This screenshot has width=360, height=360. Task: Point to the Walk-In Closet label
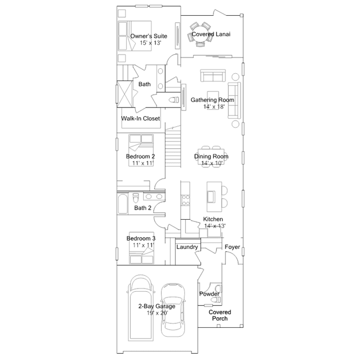(x=141, y=119)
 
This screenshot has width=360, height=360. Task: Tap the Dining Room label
(x=211, y=156)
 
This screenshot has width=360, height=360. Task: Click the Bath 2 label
(x=143, y=208)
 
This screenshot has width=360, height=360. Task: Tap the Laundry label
(x=187, y=247)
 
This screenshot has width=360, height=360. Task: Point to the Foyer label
(x=232, y=247)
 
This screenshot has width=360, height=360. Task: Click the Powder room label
(x=209, y=294)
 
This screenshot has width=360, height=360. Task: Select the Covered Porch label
(x=220, y=315)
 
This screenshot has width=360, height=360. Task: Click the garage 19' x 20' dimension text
(x=157, y=313)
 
